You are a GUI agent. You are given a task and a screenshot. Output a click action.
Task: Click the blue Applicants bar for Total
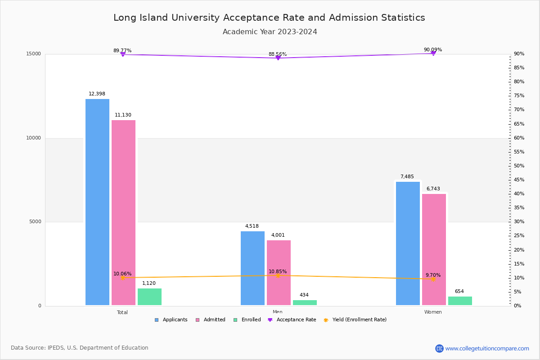pos(97,202)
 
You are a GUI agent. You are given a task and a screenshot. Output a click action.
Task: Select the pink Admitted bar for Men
pos(279,273)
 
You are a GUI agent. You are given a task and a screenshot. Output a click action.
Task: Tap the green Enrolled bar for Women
pos(460,301)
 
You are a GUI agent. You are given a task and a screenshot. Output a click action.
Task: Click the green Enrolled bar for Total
pos(149,297)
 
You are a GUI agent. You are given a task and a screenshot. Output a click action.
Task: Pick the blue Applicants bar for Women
pos(408,243)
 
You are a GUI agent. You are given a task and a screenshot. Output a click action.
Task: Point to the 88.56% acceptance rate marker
pos(278,58)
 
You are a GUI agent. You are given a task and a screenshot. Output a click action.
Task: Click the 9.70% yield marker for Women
pos(433,279)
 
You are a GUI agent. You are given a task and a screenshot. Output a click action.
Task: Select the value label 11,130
pos(123,115)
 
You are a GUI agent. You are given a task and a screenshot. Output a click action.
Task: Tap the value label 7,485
pos(407,177)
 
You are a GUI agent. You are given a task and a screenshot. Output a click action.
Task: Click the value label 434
pos(304,295)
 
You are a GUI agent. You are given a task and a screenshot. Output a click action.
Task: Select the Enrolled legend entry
pos(247,320)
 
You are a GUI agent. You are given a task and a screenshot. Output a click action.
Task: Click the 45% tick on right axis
pos(519,180)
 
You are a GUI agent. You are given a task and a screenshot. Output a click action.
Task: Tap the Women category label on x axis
pos(433,312)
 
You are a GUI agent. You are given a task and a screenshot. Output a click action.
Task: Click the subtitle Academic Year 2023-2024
pos(270,32)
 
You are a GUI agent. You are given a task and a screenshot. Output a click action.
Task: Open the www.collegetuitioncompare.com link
pos(487,348)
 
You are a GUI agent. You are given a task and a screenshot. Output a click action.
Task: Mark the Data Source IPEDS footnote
pos(80,348)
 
